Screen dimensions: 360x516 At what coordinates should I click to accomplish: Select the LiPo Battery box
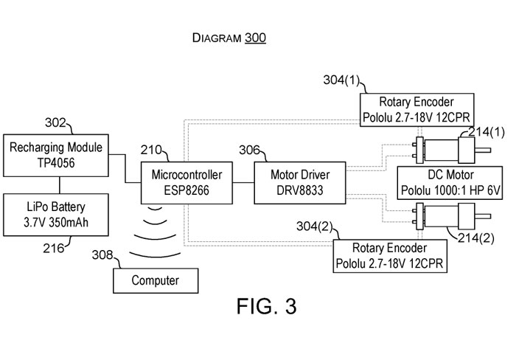click(57, 213)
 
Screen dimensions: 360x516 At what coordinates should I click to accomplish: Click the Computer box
click(155, 280)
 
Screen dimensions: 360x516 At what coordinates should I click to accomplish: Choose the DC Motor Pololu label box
click(450, 182)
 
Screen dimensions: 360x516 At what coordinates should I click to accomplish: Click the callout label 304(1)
click(344, 80)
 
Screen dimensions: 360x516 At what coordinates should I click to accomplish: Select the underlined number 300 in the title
click(255, 38)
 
